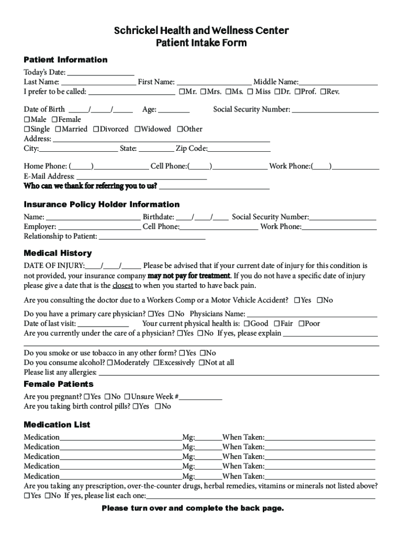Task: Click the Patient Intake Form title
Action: point(201,43)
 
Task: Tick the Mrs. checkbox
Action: point(203,92)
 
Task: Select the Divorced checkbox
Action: point(96,129)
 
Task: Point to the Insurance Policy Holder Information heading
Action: point(102,204)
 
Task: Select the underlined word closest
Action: point(123,286)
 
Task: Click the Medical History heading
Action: point(58,253)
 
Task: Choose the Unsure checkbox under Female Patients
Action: point(127,397)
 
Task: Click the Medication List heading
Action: point(57,425)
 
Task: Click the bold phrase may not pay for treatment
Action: point(189,276)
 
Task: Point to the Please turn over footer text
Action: point(193,508)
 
